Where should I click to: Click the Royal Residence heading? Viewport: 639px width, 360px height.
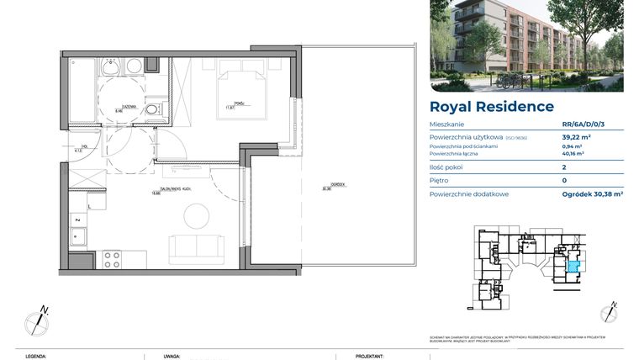[491, 107]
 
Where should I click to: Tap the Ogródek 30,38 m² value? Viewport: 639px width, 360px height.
[593, 193]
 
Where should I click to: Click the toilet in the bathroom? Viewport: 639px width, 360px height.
[151, 109]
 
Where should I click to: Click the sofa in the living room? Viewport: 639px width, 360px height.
[198, 250]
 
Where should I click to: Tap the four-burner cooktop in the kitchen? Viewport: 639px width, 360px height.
[112, 259]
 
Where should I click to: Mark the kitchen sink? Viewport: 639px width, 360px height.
[78, 237]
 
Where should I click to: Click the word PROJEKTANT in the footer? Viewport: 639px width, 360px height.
[370, 356]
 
